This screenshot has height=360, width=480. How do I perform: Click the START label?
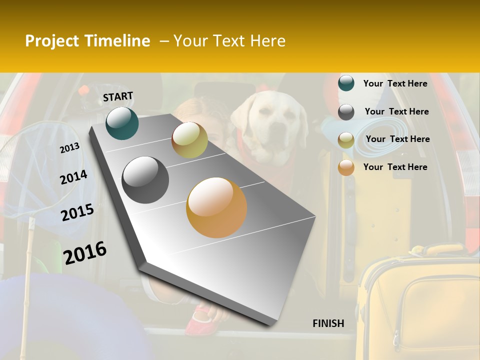click(118, 96)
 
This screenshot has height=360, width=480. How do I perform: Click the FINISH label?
click(328, 323)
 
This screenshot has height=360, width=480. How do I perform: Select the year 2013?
click(69, 147)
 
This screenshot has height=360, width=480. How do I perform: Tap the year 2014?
click(73, 177)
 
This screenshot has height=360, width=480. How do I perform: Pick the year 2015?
click(77, 212)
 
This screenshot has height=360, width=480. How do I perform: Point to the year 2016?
click(85, 252)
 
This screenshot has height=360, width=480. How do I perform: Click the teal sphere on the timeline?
click(122, 123)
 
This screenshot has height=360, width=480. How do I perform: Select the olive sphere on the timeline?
click(189, 140)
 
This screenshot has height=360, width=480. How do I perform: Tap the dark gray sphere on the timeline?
click(145, 180)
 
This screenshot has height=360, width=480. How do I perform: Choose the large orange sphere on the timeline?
click(216, 207)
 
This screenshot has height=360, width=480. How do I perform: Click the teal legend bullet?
click(346, 83)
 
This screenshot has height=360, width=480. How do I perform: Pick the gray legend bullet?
click(346, 112)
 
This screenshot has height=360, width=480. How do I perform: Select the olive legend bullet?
click(346, 140)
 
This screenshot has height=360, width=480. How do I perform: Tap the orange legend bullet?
click(346, 167)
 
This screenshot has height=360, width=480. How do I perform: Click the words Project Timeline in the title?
click(87, 41)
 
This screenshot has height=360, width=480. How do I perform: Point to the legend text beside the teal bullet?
click(395, 83)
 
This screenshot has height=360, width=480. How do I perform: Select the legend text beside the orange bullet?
click(395, 167)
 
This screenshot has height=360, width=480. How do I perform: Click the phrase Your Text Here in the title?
click(229, 41)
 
